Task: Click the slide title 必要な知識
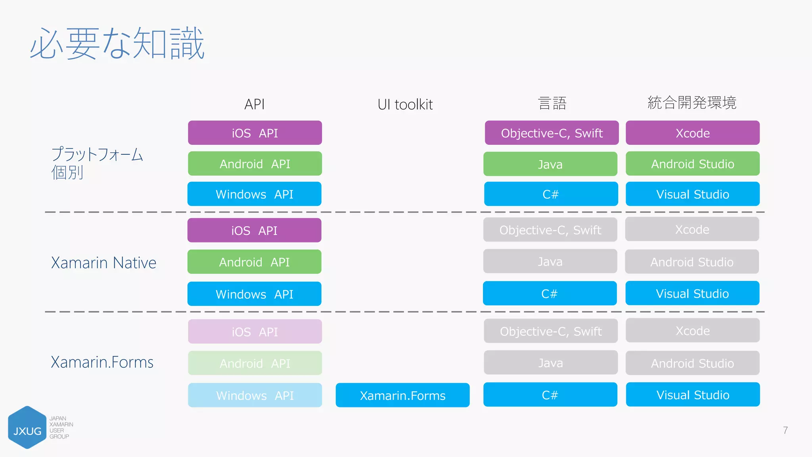pos(117,44)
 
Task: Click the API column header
pos(254,104)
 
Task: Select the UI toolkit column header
pos(405,104)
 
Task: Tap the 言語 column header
pos(552,103)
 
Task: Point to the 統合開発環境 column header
pos(692,103)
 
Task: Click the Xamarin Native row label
pos(103,263)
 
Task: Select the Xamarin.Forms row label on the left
pos(102,362)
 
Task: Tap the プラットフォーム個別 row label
pos(97,163)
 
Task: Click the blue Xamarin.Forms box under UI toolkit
pos(402,395)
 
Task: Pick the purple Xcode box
pos(692,133)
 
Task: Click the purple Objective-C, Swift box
pos(552,133)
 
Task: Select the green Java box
pos(550,164)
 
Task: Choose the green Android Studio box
pos(692,163)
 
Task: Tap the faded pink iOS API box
pos(255,332)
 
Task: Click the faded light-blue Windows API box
pos(255,395)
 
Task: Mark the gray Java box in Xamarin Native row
pos(550,261)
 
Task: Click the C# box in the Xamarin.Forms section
pos(550,395)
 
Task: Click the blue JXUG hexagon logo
pos(27,428)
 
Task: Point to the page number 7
pos(785,430)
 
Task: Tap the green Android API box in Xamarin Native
pos(254,262)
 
